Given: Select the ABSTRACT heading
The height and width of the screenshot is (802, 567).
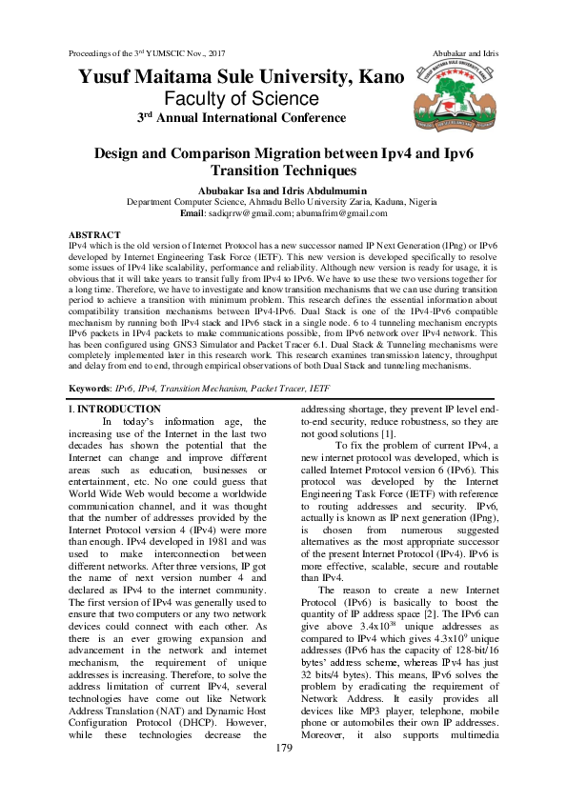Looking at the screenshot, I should click(x=95, y=234).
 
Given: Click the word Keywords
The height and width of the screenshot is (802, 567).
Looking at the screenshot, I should click(x=89, y=390).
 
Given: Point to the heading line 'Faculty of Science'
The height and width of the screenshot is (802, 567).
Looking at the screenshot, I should click(x=240, y=98).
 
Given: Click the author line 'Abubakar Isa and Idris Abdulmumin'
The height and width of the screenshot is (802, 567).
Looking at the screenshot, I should click(x=283, y=190).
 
